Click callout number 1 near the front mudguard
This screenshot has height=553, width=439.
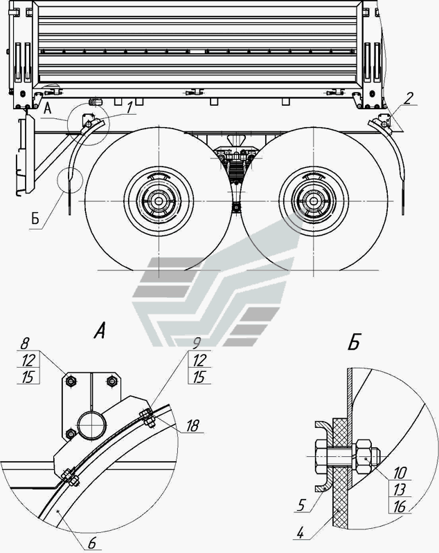point(130,108)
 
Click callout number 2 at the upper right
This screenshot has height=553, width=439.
point(408,98)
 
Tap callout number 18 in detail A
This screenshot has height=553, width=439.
point(192,426)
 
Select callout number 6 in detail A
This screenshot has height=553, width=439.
point(92,543)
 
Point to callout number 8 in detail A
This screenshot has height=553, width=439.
point(25,344)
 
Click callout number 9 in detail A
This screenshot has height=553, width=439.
point(197,344)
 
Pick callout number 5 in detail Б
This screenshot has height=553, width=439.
point(301,505)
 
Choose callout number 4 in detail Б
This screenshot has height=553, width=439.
point(300,532)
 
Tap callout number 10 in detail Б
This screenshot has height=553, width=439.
point(400,473)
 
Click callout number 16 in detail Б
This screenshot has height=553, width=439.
point(399,507)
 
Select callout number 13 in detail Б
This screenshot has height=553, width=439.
point(399,490)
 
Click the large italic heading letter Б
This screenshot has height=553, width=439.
point(354,341)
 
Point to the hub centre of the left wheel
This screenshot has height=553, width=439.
point(159,201)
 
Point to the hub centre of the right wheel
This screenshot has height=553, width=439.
point(313,201)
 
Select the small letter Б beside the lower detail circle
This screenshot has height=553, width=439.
point(35,219)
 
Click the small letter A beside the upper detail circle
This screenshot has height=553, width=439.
point(48,109)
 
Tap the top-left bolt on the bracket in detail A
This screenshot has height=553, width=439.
point(71,381)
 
